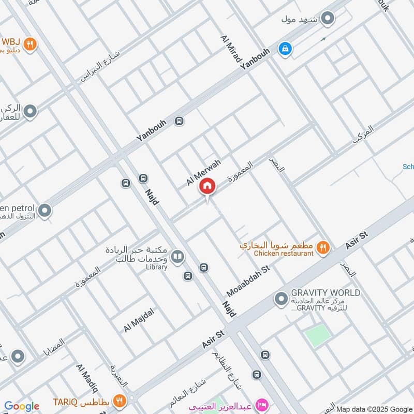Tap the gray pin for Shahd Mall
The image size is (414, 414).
click(x=327, y=20)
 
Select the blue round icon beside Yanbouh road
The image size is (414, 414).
click(x=285, y=49)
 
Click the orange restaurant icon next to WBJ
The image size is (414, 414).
click(x=31, y=44)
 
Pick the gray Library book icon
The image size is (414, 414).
click(x=178, y=256)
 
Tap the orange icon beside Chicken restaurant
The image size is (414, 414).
click(x=323, y=248)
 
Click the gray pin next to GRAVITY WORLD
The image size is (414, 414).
click(x=281, y=299)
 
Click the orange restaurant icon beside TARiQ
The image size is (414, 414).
click(x=120, y=400)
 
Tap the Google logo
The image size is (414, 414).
click(x=22, y=406)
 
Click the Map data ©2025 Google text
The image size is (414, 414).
click(x=374, y=408)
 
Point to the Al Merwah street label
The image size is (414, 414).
click(x=203, y=173)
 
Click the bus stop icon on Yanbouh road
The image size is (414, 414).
click(x=179, y=121)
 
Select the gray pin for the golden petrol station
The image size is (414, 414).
click(x=45, y=210)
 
